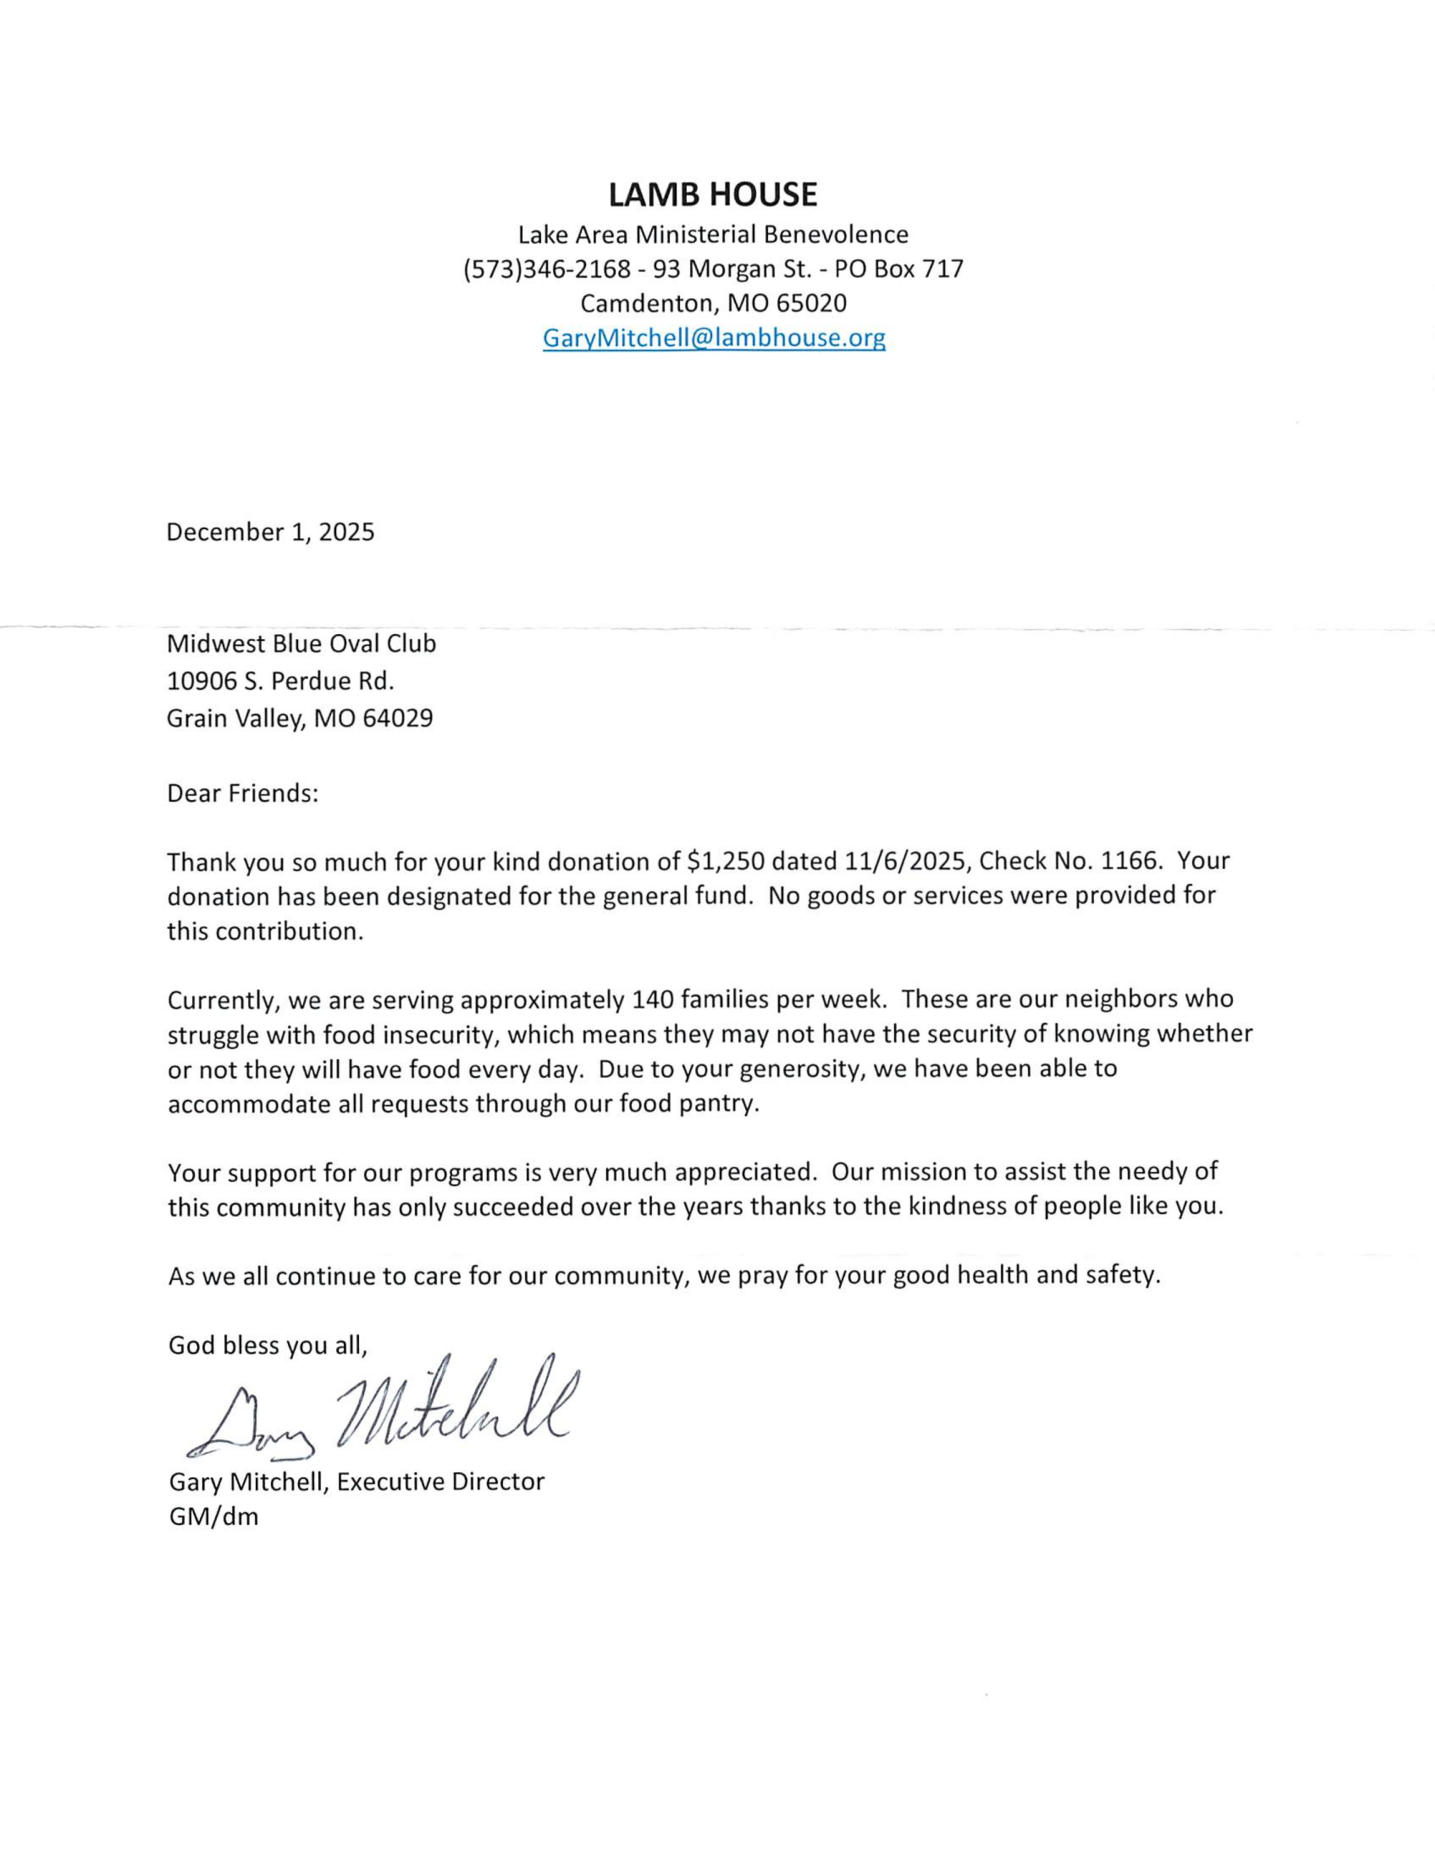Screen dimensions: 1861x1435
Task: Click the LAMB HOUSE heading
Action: tap(712, 195)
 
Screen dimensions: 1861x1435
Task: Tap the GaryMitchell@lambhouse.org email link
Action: tap(713, 338)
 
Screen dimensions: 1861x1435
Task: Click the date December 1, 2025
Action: tap(270, 533)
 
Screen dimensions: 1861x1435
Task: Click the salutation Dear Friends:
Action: tap(242, 794)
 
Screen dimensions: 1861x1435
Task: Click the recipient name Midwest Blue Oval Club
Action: tap(301, 643)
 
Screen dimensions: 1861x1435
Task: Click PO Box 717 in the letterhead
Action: tap(899, 269)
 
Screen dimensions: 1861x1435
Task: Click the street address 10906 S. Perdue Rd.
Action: tap(281, 682)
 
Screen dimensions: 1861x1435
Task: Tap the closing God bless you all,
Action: tap(268, 1346)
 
